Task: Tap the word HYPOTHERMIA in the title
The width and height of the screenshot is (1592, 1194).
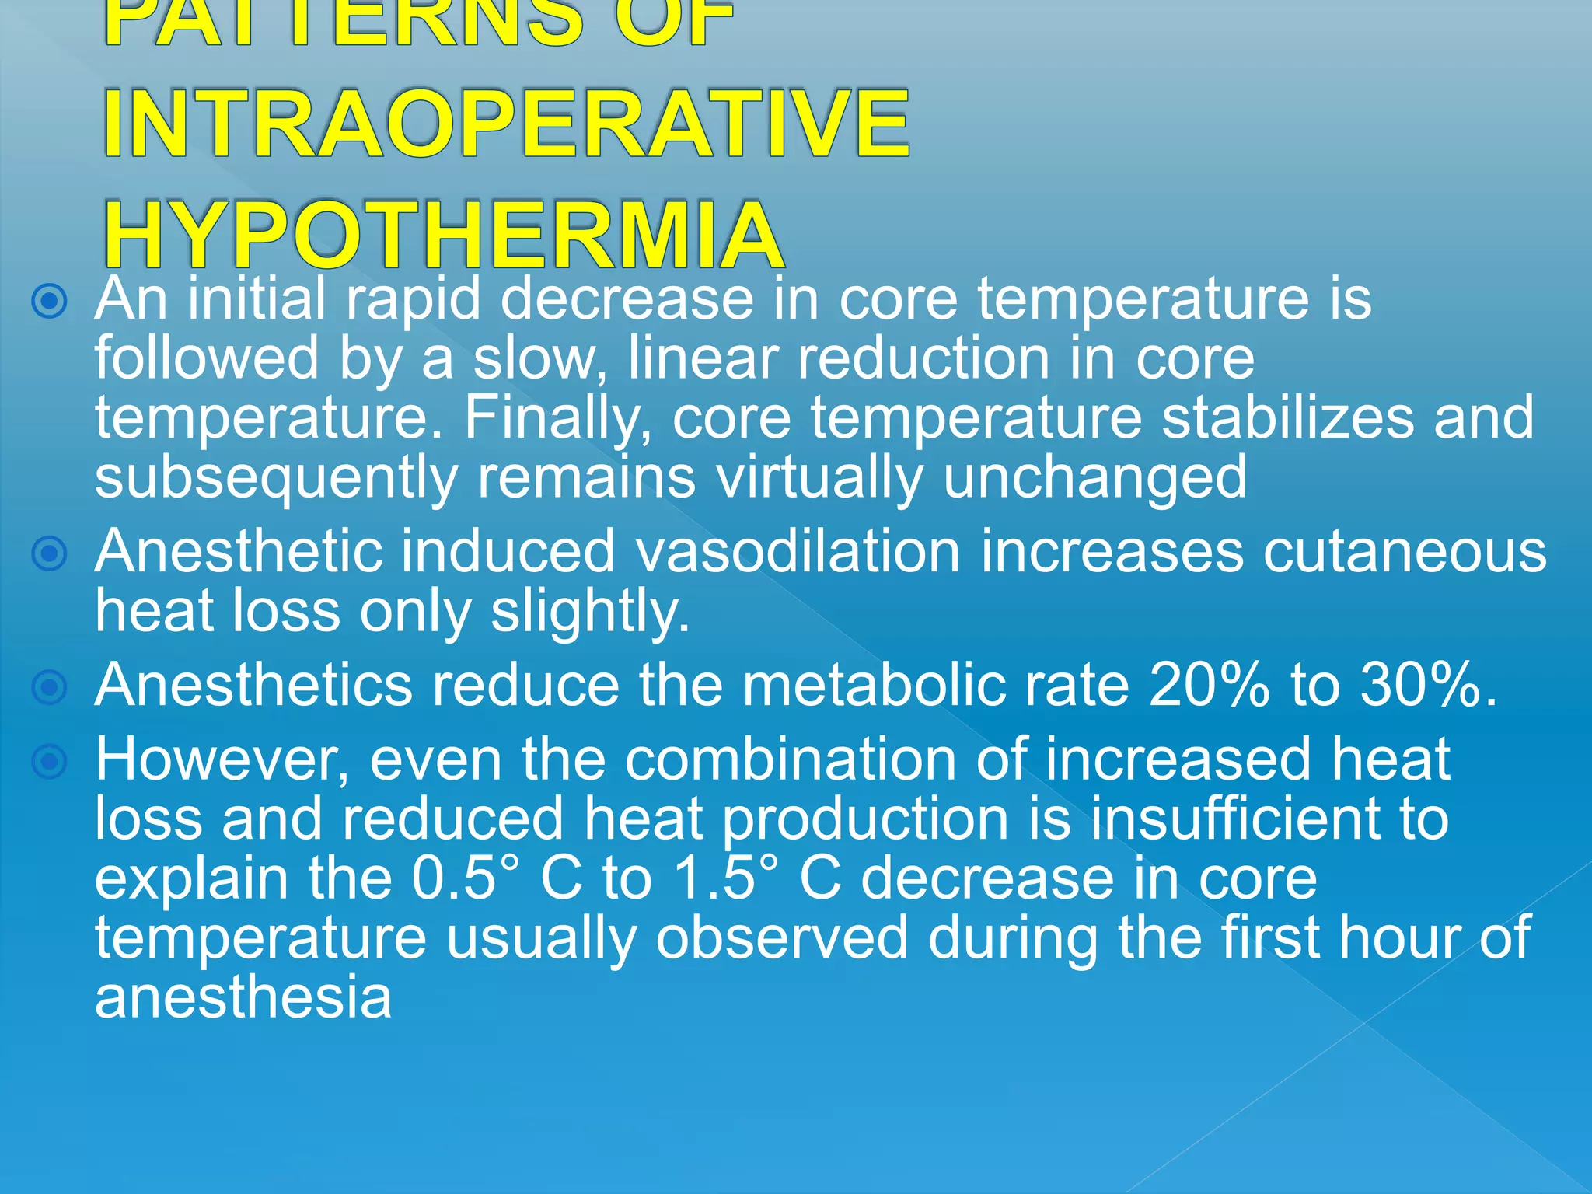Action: [x=443, y=236]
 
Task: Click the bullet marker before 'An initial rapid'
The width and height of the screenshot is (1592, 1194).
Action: [x=50, y=302]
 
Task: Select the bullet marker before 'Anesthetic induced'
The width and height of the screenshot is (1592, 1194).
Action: [x=50, y=553]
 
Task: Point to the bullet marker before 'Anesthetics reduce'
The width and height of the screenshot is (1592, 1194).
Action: [x=50, y=687]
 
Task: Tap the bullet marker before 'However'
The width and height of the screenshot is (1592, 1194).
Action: [x=50, y=762]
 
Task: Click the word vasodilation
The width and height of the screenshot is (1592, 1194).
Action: [x=798, y=552]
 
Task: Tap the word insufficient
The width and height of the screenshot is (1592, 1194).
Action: [x=1234, y=819]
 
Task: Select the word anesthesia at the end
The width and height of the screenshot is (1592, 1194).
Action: [x=243, y=998]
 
